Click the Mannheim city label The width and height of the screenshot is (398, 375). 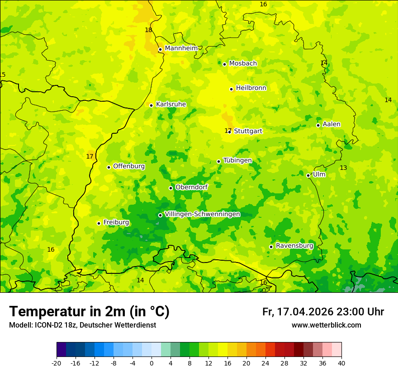click(x=181, y=48)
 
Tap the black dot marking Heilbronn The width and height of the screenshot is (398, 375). click(x=231, y=89)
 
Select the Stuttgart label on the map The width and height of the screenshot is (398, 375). click(x=248, y=131)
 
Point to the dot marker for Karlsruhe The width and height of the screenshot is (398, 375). click(x=151, y=105)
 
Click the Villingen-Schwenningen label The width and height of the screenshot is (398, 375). click(x=202, y=214)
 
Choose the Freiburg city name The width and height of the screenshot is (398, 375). click(x=116, y=222)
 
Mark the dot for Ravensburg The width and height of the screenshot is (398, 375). click(x=271, y=247)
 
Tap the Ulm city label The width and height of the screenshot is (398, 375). click(x=319, y=174)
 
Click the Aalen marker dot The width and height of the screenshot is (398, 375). click(x=318, y=125)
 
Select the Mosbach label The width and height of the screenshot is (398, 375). click(x=243, y=64)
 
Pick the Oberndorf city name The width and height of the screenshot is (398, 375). click(x=191, y=187)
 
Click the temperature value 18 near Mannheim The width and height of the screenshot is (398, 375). click(x=148, y=30)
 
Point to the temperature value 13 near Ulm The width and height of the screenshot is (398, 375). click(x=343, y=168)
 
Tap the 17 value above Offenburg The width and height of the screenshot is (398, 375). click(x=90, y=156)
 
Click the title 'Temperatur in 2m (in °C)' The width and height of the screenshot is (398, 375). click(x=89, y=311)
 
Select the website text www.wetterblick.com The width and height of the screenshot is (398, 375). click(x=326, y=325)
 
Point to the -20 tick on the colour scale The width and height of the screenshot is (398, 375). click(x=57, y=363)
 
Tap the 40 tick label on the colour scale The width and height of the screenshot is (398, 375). click(x=341, y=363)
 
